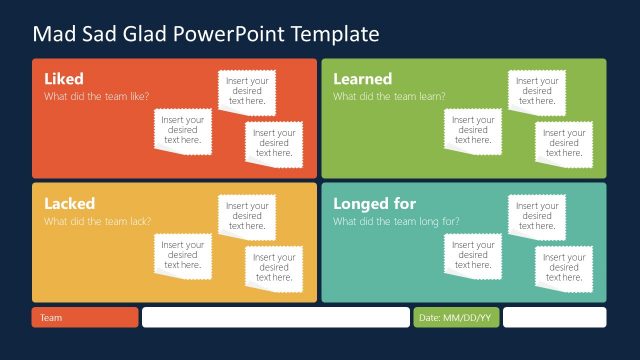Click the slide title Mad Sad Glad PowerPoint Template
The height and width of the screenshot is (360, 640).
click(206, 34)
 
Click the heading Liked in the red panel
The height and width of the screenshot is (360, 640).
click(64, 79)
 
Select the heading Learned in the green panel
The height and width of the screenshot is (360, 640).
click(362, 79)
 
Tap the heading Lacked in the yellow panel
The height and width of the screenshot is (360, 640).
click(69, 204)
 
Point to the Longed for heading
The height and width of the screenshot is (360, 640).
click(374, 204)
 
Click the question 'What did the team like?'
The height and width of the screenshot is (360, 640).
click(97, 97)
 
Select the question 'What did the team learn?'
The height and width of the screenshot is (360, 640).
click(389, 97)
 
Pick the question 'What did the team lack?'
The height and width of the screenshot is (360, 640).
click(97, 222)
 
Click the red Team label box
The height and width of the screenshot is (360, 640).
click(84, 317)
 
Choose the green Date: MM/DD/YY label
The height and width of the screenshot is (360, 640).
click(455, 317)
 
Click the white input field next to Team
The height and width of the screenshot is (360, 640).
click(275, 317)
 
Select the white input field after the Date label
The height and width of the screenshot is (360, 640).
click(554, 317)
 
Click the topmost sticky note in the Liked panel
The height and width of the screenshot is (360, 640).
click(247, 91)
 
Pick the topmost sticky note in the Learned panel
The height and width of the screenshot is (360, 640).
click(537, 91)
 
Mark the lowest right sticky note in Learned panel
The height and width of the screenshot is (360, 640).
click(564, 142)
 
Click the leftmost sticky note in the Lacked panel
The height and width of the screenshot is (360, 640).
click(183, 255)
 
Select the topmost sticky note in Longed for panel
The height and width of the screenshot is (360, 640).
click(537, 216)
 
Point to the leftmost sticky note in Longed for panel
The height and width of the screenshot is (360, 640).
click(473, 255)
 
